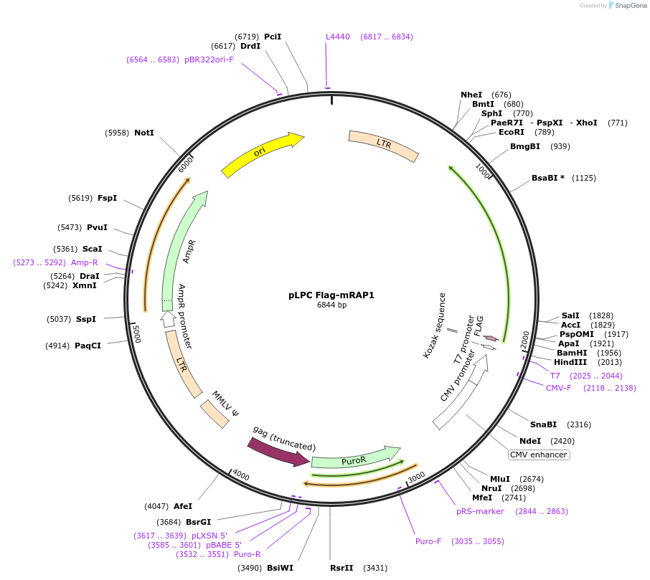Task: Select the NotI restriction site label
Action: [143, 133]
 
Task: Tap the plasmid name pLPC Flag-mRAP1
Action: [331, 295]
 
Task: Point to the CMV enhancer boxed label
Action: [539, 455]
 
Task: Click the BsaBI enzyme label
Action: [547, 178]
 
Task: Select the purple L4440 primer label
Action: [338, 37]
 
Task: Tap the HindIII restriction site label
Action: [570, 362]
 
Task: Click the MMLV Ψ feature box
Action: [215, 414]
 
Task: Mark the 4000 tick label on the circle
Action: [240, 475]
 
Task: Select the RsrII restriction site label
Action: [342, 568]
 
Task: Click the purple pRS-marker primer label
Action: [480, 511]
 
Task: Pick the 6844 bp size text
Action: [331, 305]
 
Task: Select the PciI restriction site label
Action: [273, 37]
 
